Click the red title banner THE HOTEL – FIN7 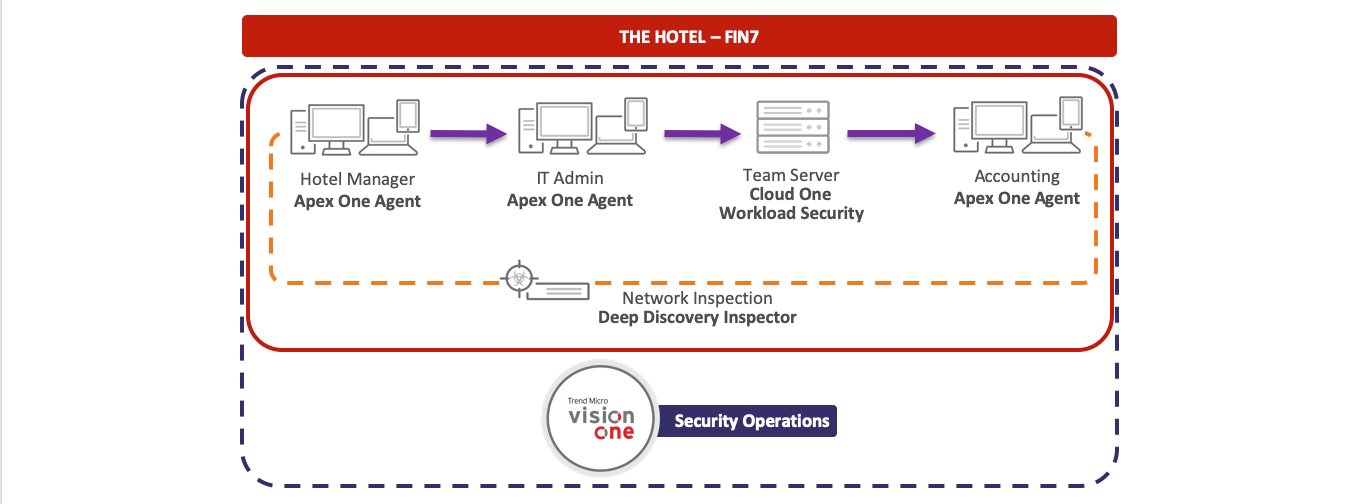point(679,37)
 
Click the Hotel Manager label point(357,179)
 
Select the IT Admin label point(569,178)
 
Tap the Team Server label point(790,175)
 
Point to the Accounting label point(1016,176)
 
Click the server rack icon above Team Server point(791,127)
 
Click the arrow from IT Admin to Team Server point(700,133)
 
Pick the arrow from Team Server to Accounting point(891,133)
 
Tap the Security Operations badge point(751,421)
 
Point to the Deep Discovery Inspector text point(696,318)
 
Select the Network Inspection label point(696,298)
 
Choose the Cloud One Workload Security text point(790,204)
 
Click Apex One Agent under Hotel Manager point(357,201)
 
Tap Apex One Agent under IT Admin point(569,200)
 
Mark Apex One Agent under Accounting point(1016,198)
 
